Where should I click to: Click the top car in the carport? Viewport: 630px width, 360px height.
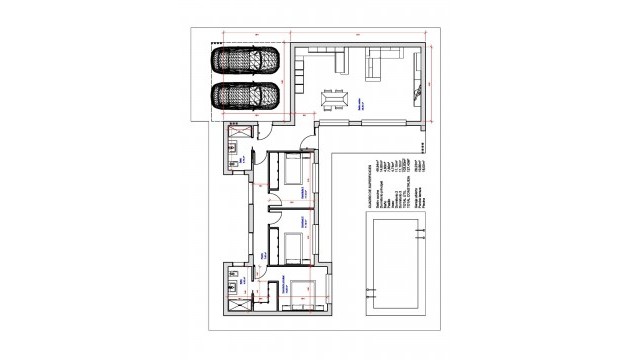click(245, 61)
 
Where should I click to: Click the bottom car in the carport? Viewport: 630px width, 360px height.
click(245, 97)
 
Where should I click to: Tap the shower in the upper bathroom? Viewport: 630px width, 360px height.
click(239, 132)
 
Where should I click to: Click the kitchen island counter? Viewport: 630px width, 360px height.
click(337, 65)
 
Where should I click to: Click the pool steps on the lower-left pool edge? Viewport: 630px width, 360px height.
click(372, 297)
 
